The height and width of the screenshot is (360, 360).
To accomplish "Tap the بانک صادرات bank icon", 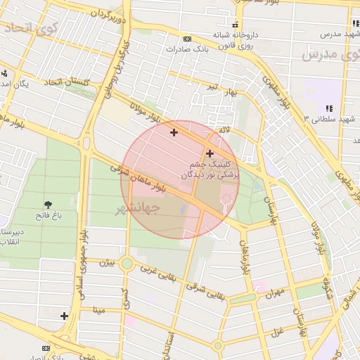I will [186, 39].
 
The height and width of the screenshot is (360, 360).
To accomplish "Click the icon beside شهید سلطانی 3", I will [328, 108].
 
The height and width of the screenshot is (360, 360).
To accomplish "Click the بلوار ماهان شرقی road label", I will [138, 179].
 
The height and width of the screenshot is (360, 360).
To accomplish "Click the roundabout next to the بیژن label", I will [127, 264].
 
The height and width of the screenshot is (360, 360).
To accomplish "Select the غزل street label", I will [276, 330].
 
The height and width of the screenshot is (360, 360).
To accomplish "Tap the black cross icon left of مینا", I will [65, 316].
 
